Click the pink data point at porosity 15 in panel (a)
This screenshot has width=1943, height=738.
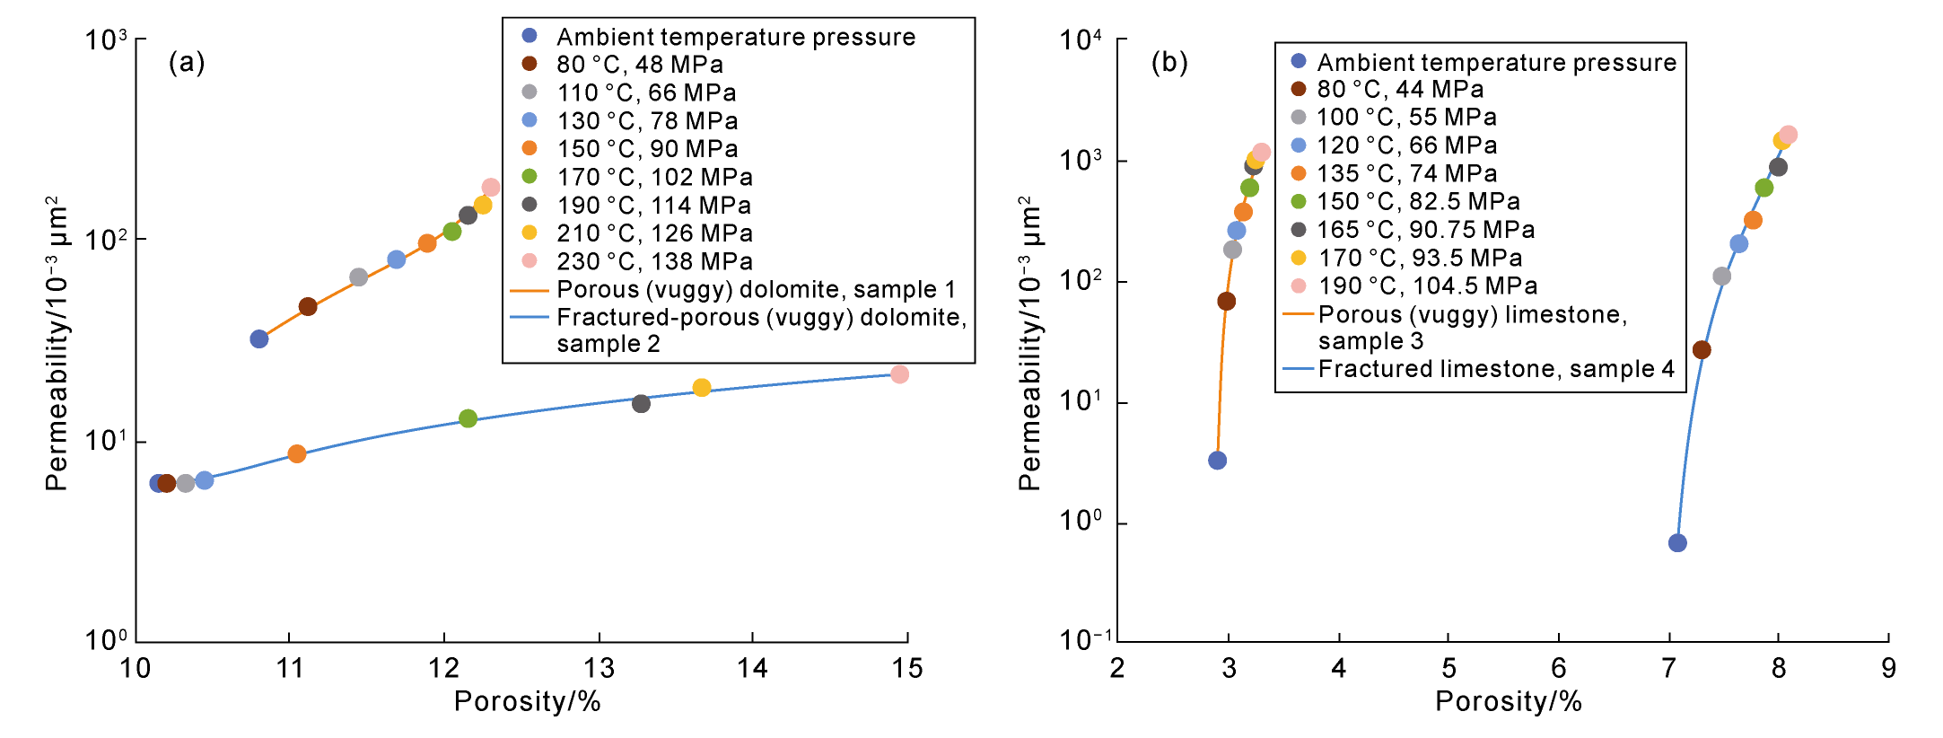899,374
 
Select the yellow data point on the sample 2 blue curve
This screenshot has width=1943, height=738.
702,388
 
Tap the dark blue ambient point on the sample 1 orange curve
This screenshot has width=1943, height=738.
259,339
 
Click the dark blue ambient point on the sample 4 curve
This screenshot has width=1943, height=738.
1677,543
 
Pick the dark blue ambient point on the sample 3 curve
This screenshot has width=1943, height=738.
1217,461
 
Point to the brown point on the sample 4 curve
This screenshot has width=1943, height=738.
1702,350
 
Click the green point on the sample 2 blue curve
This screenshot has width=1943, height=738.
468,418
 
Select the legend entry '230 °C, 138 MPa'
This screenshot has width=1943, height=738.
653,261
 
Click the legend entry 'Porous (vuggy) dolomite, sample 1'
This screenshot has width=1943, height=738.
756,289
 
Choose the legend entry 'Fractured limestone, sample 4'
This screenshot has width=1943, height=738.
1495,369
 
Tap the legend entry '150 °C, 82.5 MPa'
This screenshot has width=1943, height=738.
1418,201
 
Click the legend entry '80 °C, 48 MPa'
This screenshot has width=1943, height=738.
639,65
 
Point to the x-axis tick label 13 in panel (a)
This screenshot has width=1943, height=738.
599,669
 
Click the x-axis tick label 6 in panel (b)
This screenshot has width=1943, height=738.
1558,669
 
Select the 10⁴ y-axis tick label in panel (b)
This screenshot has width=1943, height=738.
1080,40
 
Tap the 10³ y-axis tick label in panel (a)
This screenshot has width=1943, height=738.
107,40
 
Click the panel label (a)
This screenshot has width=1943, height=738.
187,62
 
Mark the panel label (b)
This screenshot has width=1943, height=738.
1169,62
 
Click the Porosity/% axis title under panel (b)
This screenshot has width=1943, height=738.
1508,701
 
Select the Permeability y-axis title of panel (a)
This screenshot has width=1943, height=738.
57,343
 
